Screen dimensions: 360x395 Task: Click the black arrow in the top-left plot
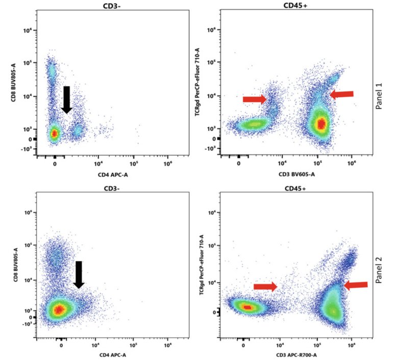(x=67, y=100)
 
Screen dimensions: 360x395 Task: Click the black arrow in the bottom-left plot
(x=79, y=275)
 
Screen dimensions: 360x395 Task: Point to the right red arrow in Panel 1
(x=341, y=94)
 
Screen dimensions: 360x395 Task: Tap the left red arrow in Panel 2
(x=265, y=287)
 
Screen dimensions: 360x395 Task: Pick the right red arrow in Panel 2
(x=355, y=285)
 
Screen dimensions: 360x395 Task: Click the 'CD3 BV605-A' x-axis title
(x=295, y=174)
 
